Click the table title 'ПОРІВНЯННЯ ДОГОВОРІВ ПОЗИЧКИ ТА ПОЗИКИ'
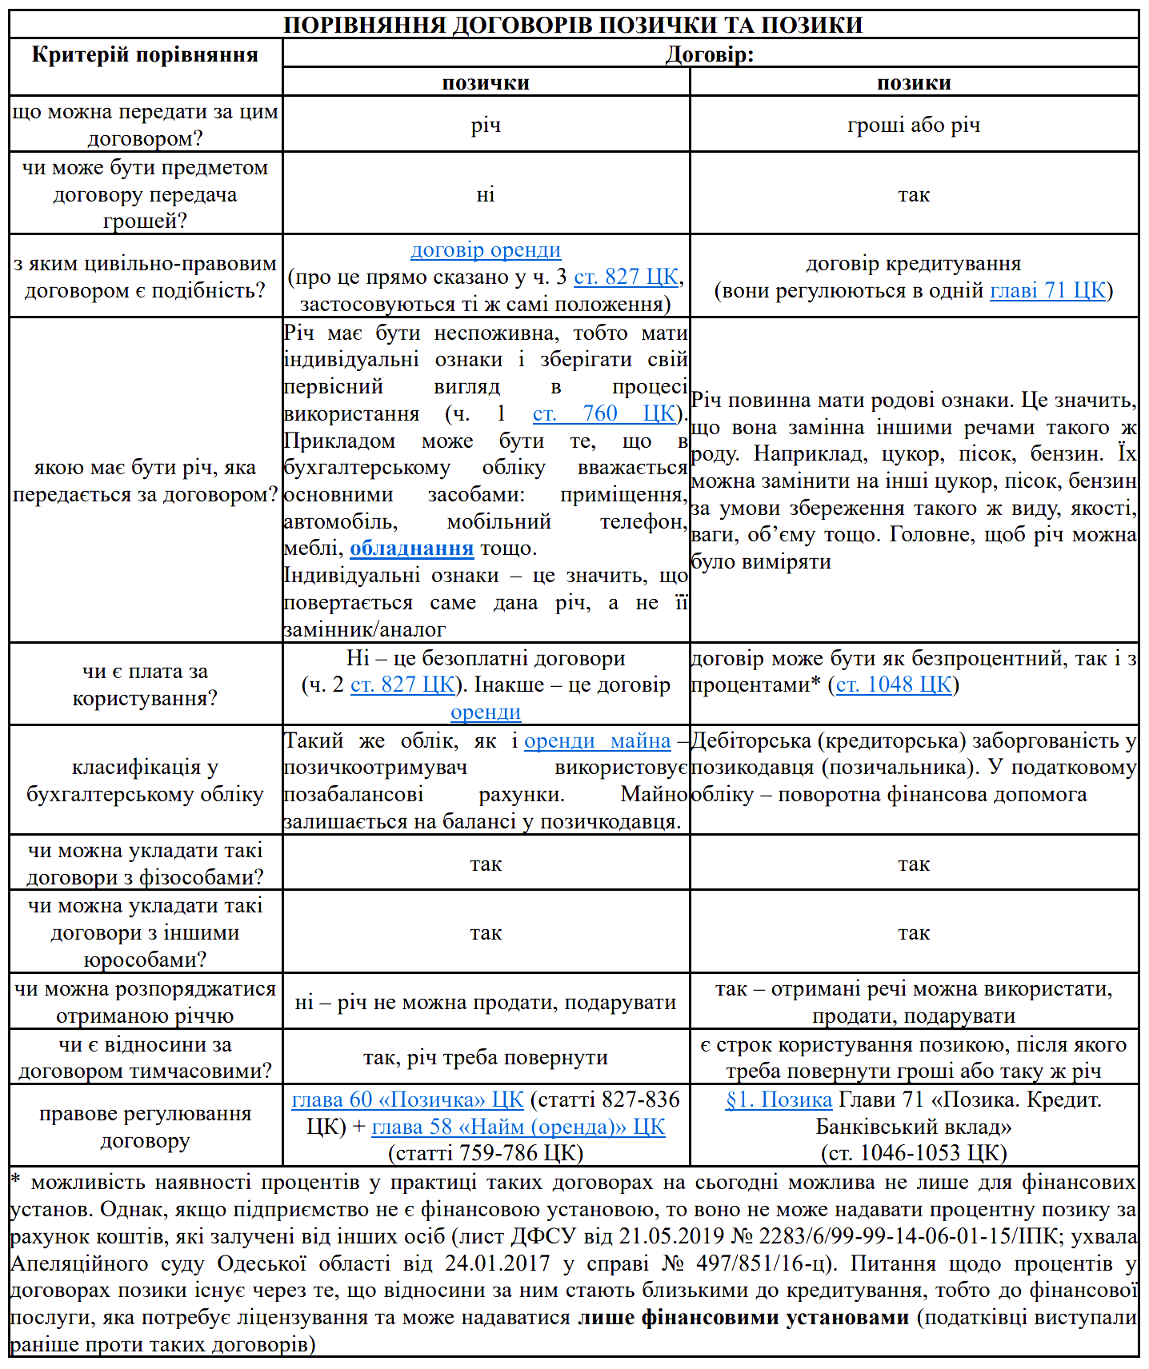click(573, 25)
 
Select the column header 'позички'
click(486, 82)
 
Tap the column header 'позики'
click(914, 82)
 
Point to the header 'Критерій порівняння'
click(145, 54)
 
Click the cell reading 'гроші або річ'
click(914, 125)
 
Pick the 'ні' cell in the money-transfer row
click(486, 194)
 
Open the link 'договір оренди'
click(486, 249)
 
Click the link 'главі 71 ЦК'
click(1048, 290)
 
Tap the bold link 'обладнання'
click(411, 549)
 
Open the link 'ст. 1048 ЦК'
click(894, 685)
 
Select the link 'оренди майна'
click(597, 741)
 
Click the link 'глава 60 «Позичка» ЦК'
click(407, 1100)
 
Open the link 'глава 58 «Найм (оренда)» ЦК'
click(518, 1127)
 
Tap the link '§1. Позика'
click(779, 1100)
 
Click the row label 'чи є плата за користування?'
click(145, 684)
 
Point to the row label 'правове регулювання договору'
click(145, 1126)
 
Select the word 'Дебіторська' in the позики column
click(748, 741)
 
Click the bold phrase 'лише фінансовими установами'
click(743, 1317)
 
